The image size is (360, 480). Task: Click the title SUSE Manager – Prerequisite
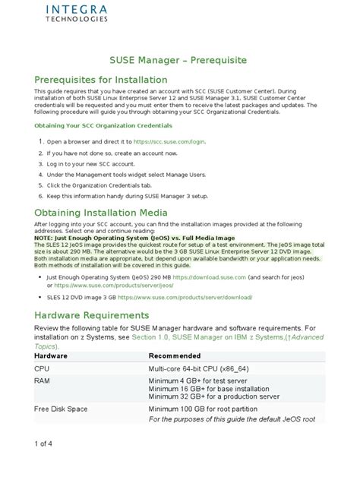pyautogui.click(x=179, y=58)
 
